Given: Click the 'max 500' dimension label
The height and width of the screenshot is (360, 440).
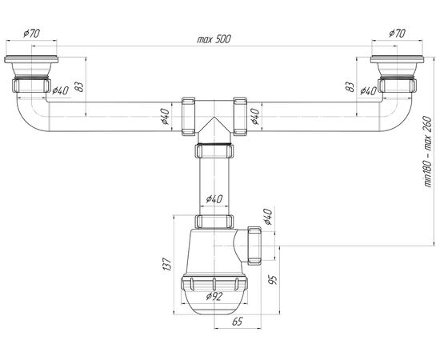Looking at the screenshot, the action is click(214, 39).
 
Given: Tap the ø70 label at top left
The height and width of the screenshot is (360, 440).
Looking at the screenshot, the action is click(31, 34).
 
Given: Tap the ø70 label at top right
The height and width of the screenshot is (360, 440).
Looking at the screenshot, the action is click(397, 34).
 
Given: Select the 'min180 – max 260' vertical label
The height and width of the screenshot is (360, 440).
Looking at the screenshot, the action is click(428, 151).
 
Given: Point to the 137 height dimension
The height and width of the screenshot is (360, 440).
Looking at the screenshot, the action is click(166, 264).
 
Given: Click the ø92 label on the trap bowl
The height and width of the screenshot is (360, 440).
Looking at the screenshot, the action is click(214, 296).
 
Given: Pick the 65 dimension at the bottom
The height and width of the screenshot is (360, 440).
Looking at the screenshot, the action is click(238, 322).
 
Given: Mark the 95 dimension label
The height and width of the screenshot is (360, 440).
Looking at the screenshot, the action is click(273, 279).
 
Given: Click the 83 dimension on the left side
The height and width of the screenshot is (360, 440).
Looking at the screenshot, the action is click(79, 86).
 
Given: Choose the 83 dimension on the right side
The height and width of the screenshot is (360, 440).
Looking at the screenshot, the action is click(350, 86).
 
